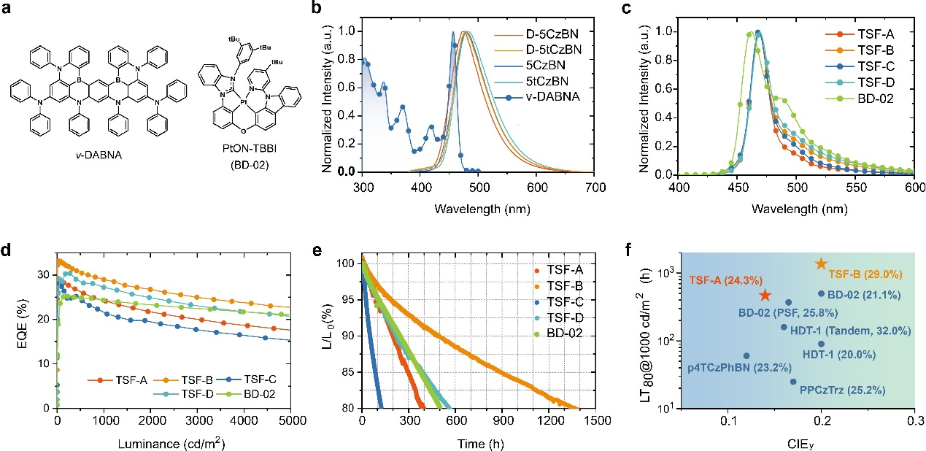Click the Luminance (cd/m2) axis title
click(174, 442)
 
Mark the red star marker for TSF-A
click(765, 295)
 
